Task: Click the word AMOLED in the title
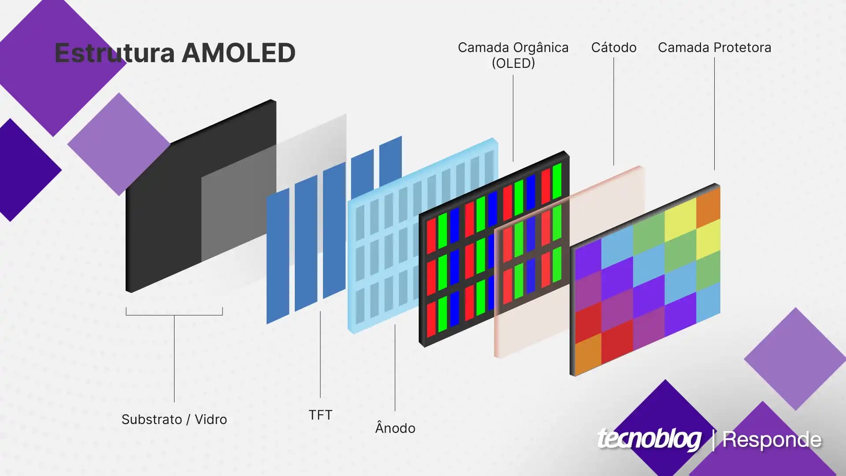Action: [238, 53]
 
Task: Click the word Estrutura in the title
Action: [115, 53]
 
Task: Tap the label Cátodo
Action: [614, 47]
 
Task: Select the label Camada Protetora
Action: [714, 47]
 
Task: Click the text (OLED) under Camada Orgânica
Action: [513, 63]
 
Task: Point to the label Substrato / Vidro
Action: [174, 419]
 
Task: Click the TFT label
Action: [320, 415]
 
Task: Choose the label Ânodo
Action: [395, 427]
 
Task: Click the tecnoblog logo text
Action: [649, 439]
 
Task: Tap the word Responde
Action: [772, 439]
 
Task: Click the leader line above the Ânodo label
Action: [395, 368]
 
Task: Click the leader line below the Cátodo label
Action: [614, 112]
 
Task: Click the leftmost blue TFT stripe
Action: [278, 257]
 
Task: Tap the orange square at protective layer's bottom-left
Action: [588, 352]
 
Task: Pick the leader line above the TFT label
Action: [320, 354]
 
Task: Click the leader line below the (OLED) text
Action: [513, 118]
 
